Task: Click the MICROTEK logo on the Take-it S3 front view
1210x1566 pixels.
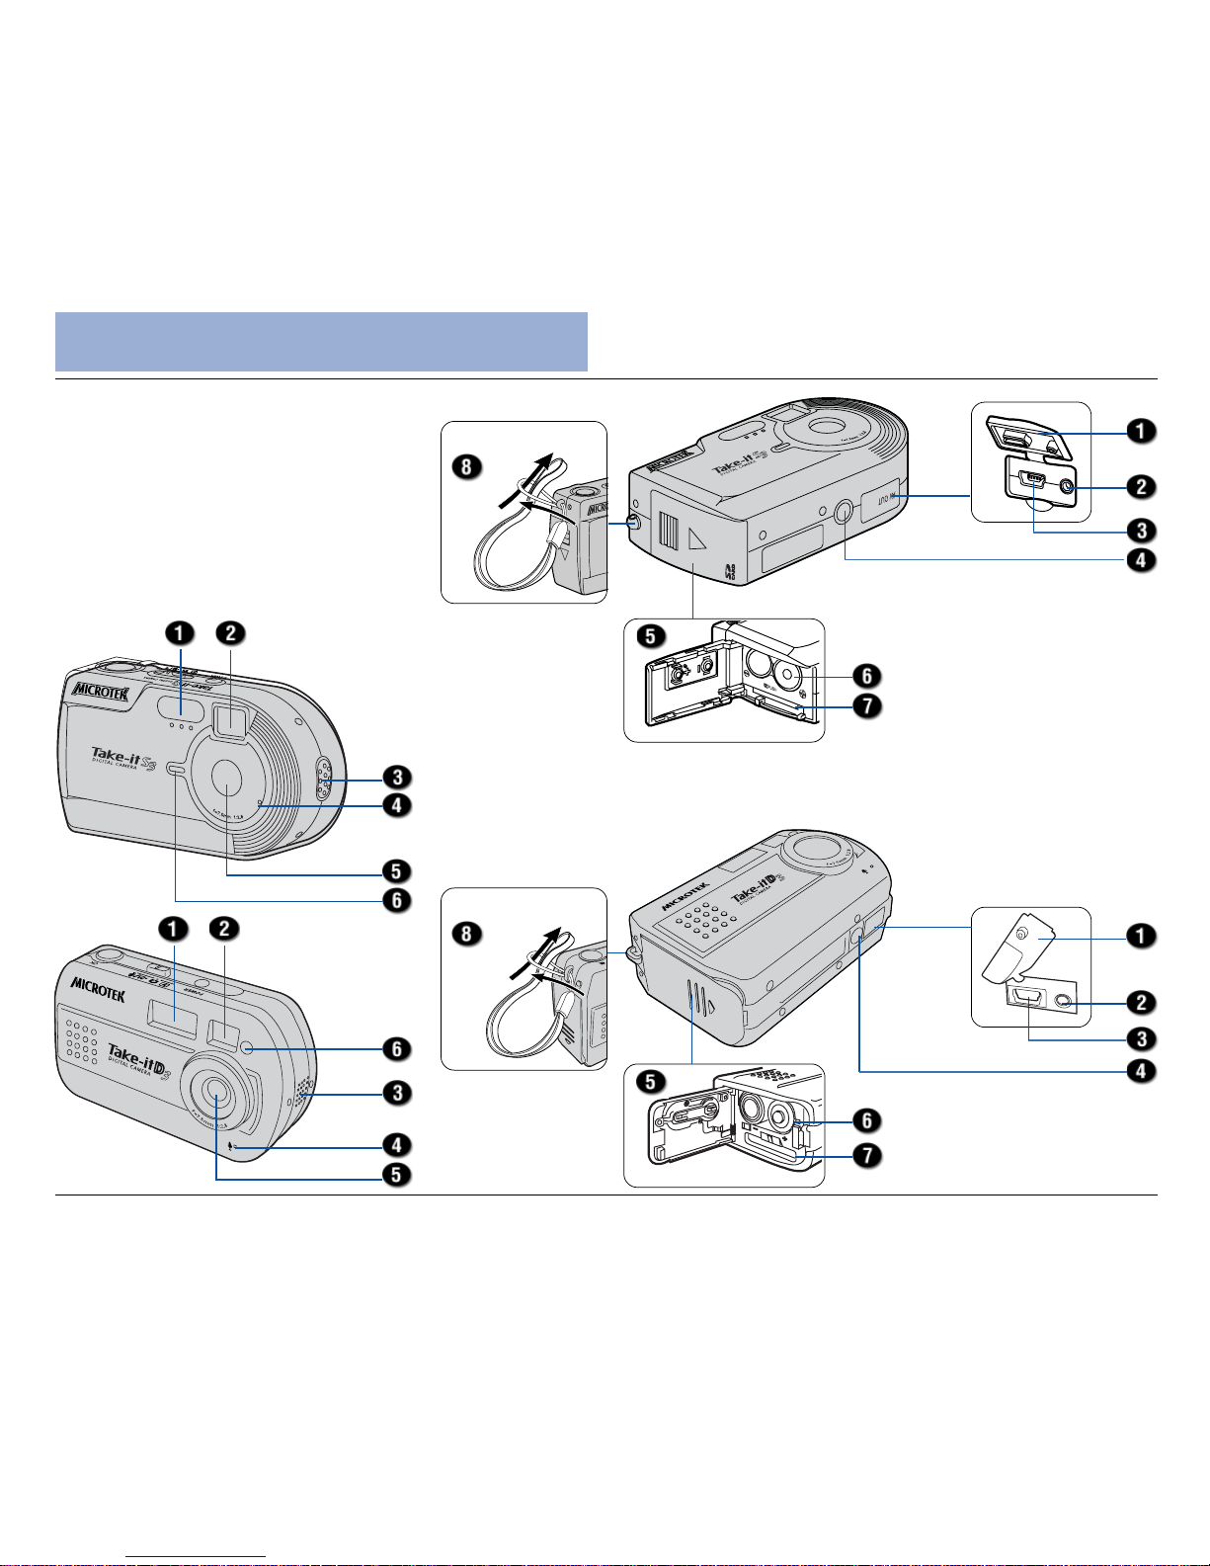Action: pyautogui.click(x=100, y=691)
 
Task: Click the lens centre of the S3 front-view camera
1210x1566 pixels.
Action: pyautogui.click(x=226, y=777)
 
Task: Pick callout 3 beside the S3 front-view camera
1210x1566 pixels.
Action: pyautogui.click(x=397, y=778)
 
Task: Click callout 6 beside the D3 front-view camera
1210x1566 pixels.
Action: pyautogui.click(x=397, y=1049)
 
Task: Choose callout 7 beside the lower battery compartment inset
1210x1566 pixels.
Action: pyautogui.click(x=866, y=1153)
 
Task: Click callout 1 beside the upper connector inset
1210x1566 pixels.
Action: pyautogui.click(x=1141, y=431)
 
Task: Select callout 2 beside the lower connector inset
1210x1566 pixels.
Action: pyautogui.click(x=1141, y=1002)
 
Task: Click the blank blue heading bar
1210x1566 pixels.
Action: pyautogui.click(x=321, y=341)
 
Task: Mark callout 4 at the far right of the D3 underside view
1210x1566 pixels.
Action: pyautogui.click(x=1141, y=1070)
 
